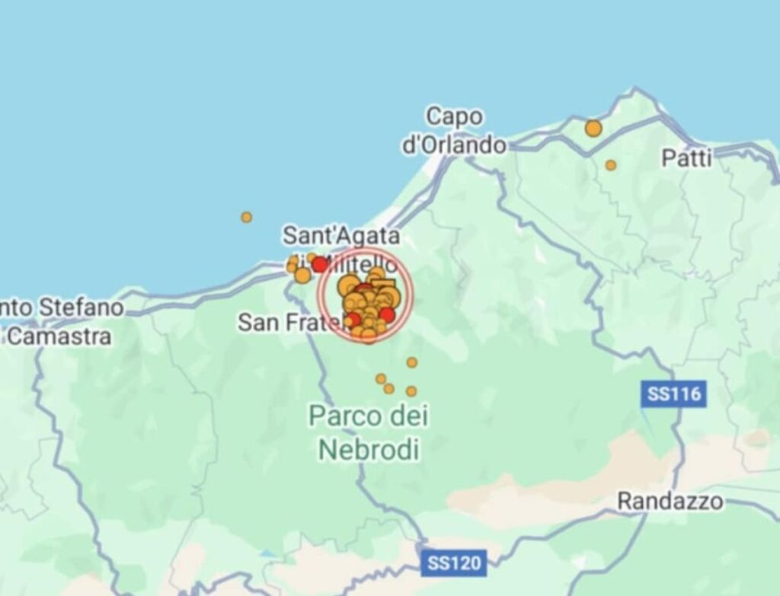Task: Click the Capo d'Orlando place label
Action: click(x=454, y=130)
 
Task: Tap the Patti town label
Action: click(x=686, y=158)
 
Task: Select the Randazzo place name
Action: click(x=670, y=502)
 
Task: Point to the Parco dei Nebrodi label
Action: click(x=369, y=432)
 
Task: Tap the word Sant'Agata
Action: click(x=340, y=236)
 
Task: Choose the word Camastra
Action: click(x=59, y=336)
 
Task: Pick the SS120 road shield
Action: click(x=454, y=563)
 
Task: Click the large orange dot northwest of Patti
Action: click(x=593, y=128)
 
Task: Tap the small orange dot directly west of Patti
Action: click(x=611, y=164)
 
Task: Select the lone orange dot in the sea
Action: click(x=247, y=217)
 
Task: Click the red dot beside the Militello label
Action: click(x=321, y=264)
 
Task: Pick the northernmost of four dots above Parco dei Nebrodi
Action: click(x=412, y=362)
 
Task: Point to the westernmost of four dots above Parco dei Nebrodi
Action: click(x=381, y=378)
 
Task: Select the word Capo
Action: click(x=453, y=116)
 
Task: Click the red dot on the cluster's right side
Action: click(x=388, y=314)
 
